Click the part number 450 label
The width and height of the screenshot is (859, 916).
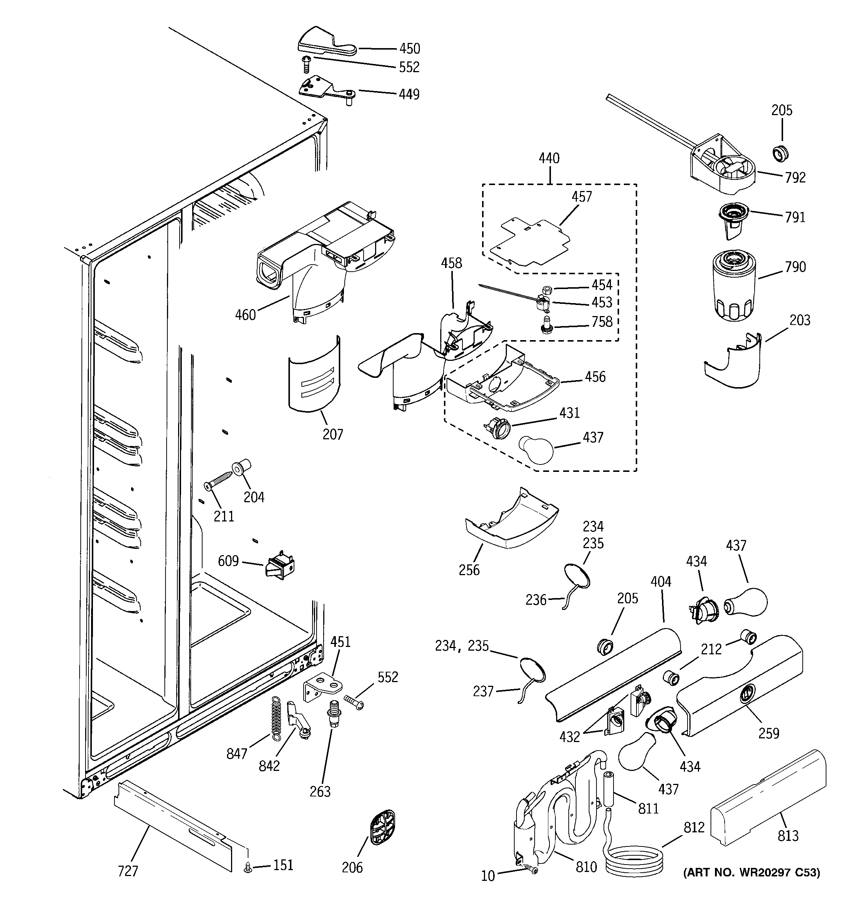pyautogui.click(x=409, y=48)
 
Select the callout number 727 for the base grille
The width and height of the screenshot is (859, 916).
pyautogui.click(x=128, y=871)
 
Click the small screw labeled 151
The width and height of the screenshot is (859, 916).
pyautogui.click(x=248, y=868)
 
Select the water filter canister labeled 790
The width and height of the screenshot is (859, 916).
pyautogui.click(x=733, y=286)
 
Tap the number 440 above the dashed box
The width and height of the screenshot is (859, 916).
pyautogui.click(x=549, y=158)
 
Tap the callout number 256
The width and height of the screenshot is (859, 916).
pyautogui.click(x=469, y=570)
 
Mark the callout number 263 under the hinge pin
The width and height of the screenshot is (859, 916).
pyautogui.click(x=320, y=791)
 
